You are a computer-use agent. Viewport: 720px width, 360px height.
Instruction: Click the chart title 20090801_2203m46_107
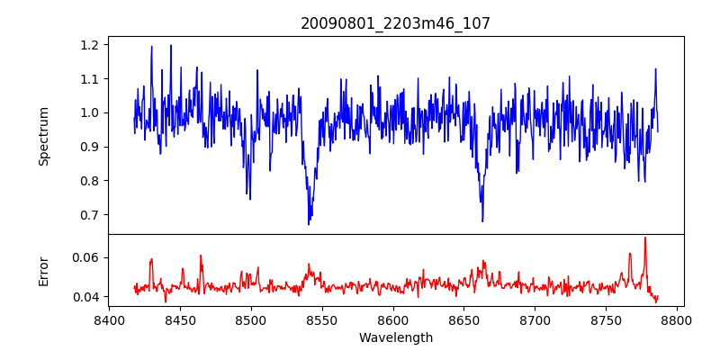pos(395,23)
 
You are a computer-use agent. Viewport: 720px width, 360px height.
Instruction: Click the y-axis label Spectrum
pos(43,136)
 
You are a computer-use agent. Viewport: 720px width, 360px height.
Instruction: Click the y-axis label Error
pos(43,271)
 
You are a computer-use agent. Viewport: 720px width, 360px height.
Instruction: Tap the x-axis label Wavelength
pos(395,338)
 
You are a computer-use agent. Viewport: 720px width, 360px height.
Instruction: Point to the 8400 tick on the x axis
pos(109,319)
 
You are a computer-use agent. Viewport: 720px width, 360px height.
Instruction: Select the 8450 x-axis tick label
pos(180,319)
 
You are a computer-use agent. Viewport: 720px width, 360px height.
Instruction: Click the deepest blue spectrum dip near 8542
pos(309,223)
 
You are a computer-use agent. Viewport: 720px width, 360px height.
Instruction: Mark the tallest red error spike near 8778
pos(645,238)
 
